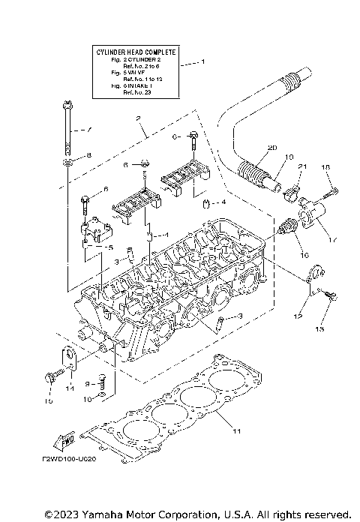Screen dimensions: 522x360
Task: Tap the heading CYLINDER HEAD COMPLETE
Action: pos(136,52)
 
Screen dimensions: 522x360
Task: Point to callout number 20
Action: pos(250,147)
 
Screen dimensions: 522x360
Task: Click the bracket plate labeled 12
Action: pos(315,273)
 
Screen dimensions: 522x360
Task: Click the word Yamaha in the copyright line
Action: pos(109,514)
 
